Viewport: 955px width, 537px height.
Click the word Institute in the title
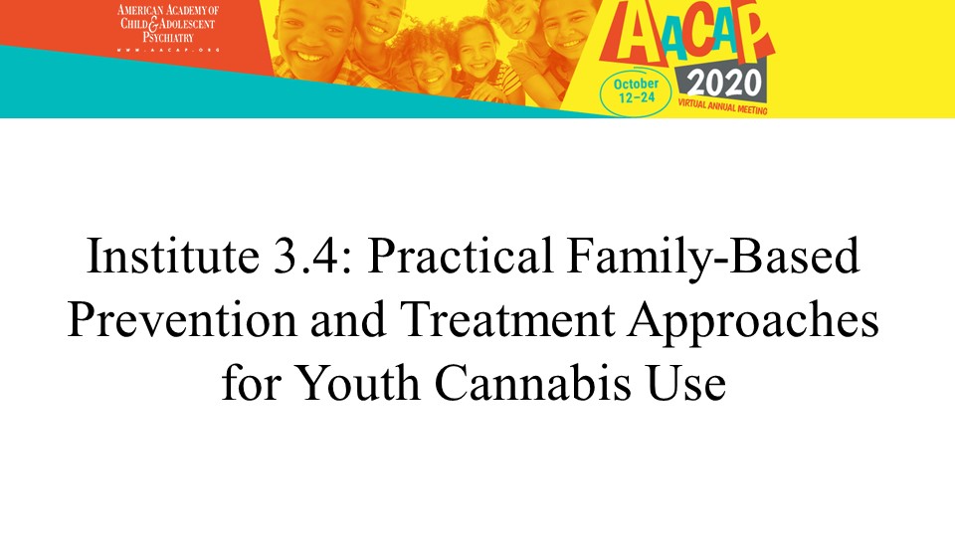click(173, 256)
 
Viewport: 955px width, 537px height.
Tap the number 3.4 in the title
click(313, 256)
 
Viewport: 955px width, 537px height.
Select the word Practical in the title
click(460, 256)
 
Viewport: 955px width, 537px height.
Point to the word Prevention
click(181, 319)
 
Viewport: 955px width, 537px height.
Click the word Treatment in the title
click(506, 319)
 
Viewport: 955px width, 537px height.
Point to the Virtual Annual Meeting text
click(722, 106)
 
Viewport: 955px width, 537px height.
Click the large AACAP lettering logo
click(686, 35)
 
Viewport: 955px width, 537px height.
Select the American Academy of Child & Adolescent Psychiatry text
click(167, 24)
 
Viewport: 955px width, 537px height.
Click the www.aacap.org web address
click(168, 50)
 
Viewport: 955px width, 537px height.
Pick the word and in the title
click(348, 319)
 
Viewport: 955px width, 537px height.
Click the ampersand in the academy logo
click(153, 24)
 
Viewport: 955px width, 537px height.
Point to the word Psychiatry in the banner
click(168, 37)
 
